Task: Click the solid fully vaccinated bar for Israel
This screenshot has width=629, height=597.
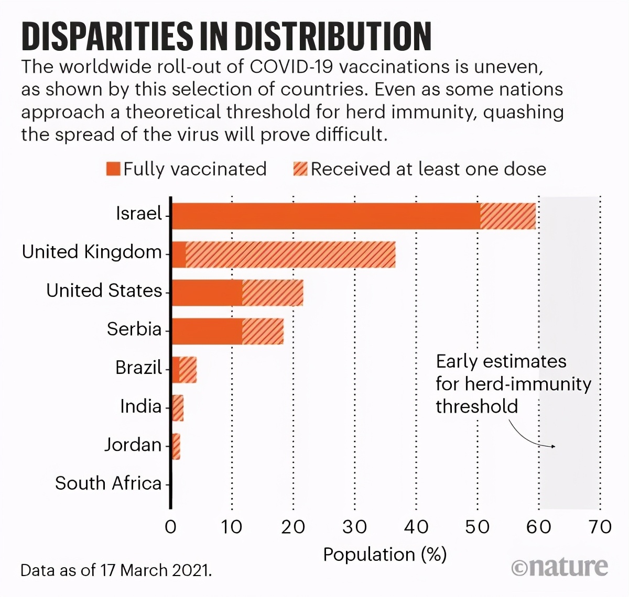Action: (325, 216)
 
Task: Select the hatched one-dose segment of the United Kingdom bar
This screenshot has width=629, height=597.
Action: (290, 255)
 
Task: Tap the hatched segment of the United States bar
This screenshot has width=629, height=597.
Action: (273, 293)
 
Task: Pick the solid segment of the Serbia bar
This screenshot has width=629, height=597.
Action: (207, 331)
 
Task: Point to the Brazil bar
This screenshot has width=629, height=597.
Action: (185, 370)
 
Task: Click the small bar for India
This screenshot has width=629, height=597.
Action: (178, 408)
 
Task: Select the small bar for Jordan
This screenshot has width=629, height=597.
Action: (176, 447)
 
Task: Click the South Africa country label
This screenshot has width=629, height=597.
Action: (108, 483)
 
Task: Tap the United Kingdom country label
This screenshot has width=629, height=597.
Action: (92, 252)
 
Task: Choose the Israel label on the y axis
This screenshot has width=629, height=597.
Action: (139, 214)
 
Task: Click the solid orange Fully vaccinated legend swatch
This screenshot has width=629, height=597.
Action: (113, 169)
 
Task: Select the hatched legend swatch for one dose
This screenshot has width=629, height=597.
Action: (300, 169)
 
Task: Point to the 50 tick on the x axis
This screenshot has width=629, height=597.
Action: (477, 526)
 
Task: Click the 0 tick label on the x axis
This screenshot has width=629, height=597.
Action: (171, 526)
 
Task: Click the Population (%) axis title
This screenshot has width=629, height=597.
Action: (385, 554)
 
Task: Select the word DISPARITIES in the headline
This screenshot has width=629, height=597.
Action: (107, 37)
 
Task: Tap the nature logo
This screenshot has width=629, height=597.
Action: (560, 567)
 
